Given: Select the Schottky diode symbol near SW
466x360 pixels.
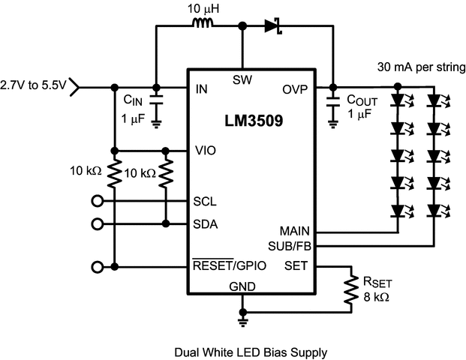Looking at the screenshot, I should pyautogui.click(x=272, y=25).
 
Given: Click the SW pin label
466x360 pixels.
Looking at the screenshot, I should pyautogui.click(x=242, y=79).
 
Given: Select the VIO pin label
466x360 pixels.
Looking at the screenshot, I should pyautogui.click(x=205, y=149).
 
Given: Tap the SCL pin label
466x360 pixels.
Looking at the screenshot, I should pyautogui.click(x=206, y=202).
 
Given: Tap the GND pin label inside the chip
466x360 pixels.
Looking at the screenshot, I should pyautogui.click(x=242, y=286).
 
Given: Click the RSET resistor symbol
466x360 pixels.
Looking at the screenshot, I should pyautogui.click(x=350, y=288).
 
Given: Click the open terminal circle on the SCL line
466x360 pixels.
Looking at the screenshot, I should pyautogui.click(x=96, y=202).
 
